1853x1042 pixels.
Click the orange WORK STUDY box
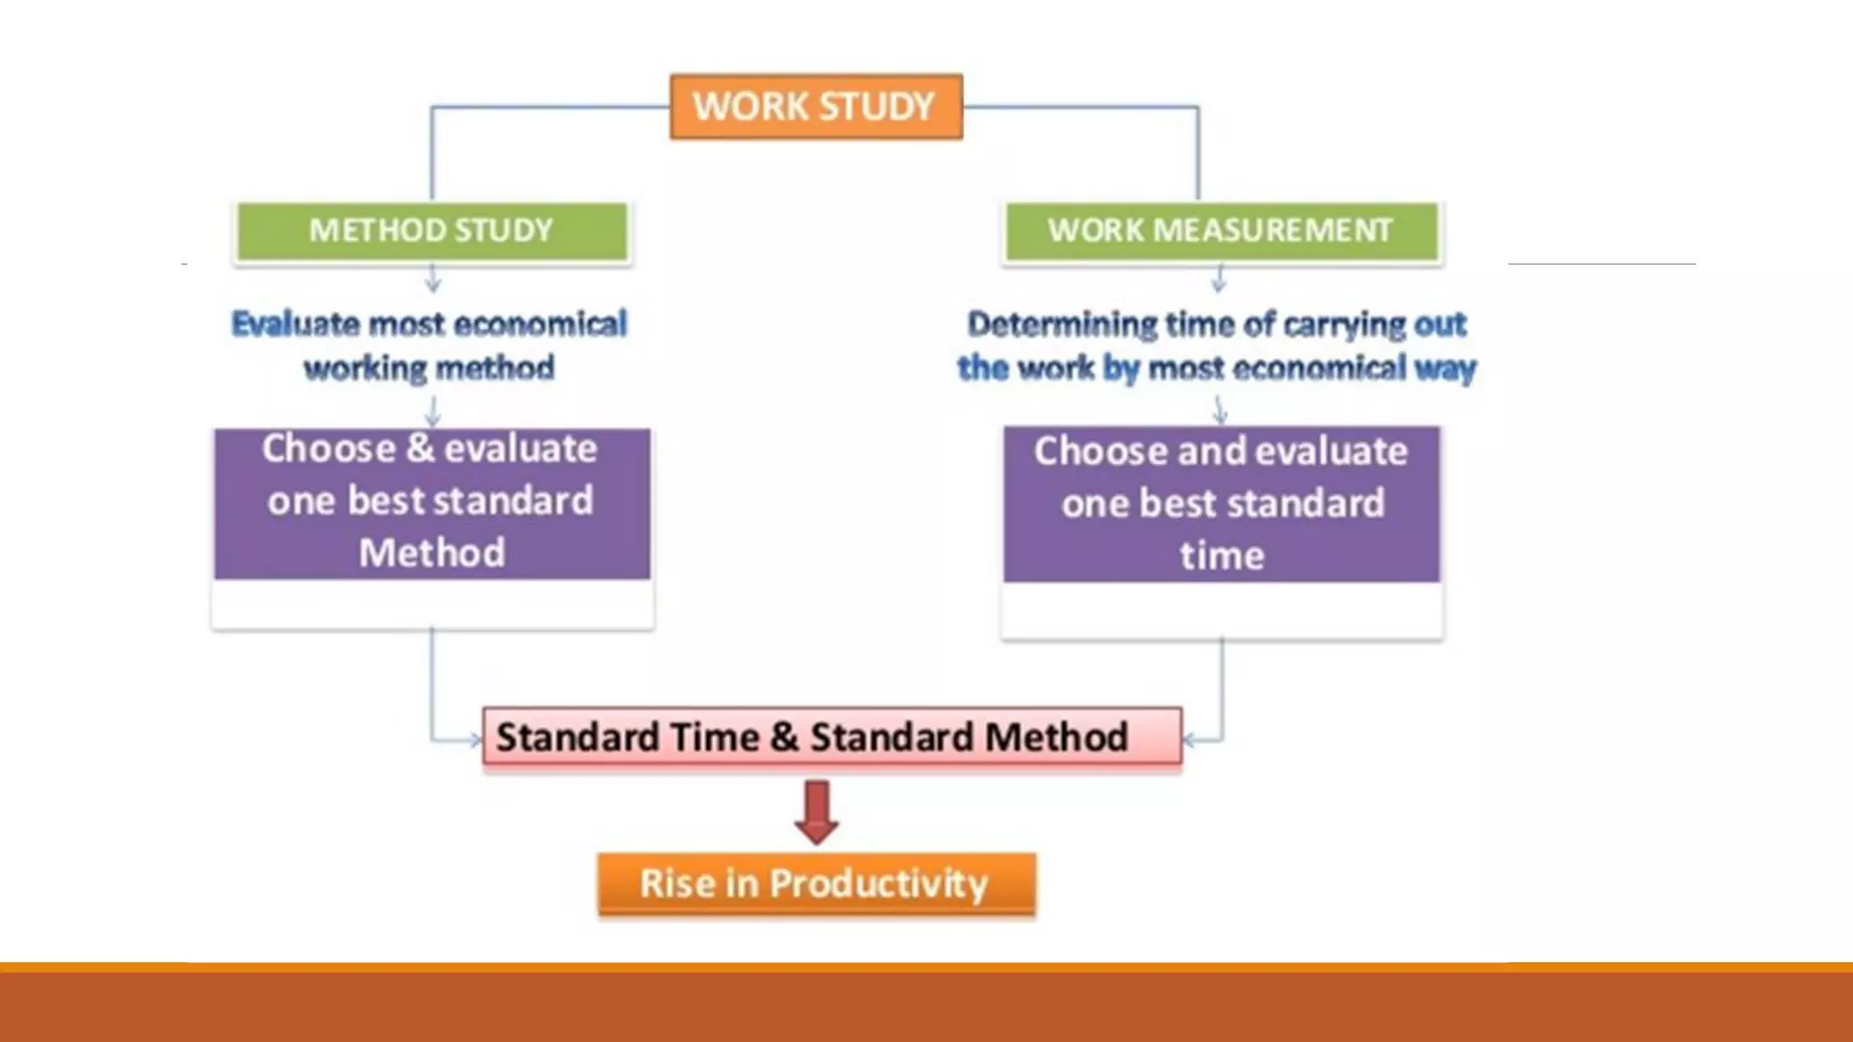(x=815, y=107)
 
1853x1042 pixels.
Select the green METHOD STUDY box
(x=432, y=231)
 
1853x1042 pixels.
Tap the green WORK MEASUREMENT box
(x=1221, y=231)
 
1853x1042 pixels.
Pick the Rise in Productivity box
(x=815, y=884)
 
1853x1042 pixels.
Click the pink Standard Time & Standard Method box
(x=831, y=737)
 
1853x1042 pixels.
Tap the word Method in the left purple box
(x=432, y=553)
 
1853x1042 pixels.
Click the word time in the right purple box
(x=1221, y=555)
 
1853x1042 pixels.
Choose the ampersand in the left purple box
(x=420, y=449)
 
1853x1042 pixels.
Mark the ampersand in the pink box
(x=784, y=737)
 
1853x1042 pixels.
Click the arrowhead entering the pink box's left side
(x=476, y=741)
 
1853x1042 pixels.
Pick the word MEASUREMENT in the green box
(x=1272, y=231)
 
